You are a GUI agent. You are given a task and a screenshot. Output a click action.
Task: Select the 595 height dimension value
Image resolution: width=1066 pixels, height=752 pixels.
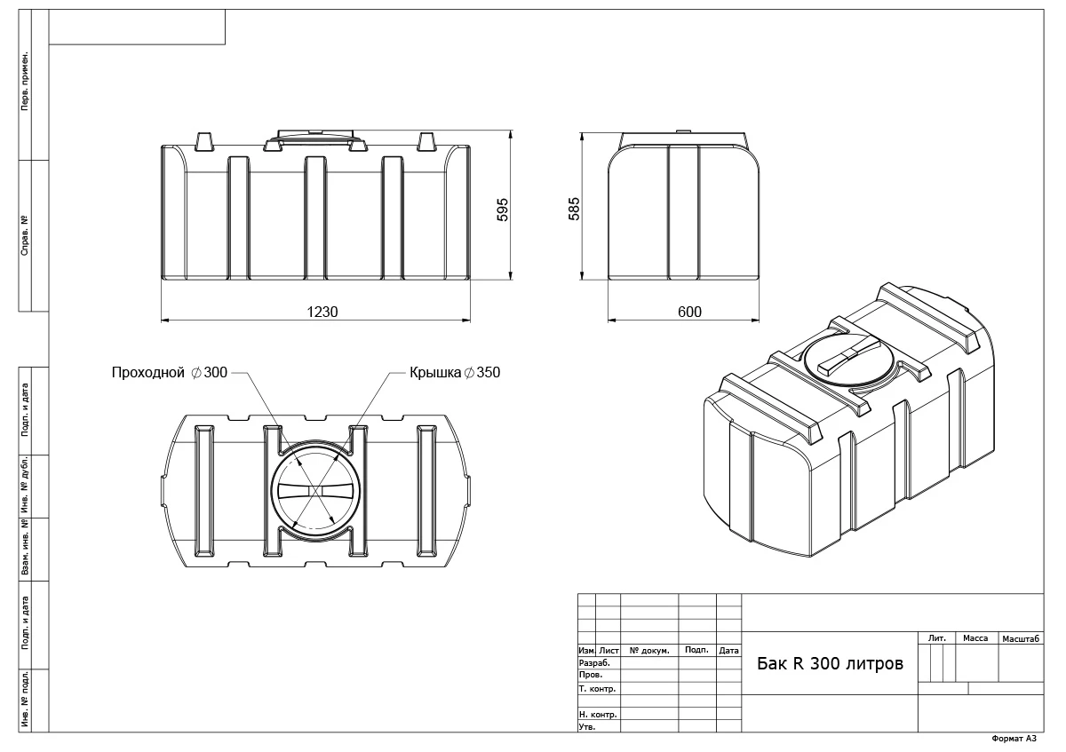[x=502, y=209]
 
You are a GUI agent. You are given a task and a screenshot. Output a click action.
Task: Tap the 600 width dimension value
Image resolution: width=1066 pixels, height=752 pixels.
[x=689, y=312]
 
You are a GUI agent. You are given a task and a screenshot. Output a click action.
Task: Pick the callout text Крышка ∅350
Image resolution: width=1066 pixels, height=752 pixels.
[x=455, y=373]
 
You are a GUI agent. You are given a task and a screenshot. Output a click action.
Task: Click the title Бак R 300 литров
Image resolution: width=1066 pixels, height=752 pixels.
[x=830, y=664]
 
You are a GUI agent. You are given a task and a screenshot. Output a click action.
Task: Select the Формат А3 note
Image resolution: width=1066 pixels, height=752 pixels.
[x=1014, y=739]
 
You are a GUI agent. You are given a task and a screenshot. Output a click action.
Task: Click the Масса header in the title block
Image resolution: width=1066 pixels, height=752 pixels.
[x=975, y=638]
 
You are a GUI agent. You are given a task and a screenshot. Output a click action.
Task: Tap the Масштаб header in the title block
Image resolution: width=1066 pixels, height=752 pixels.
[x=1021, y=638]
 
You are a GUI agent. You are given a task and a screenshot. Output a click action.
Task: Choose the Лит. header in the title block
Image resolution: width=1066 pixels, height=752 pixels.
[x=936, y=638]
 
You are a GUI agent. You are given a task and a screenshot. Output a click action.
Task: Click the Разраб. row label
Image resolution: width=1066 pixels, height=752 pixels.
[x=594, y=663]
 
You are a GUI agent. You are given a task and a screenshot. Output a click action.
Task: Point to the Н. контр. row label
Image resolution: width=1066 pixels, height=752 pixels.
[x=597, y=714]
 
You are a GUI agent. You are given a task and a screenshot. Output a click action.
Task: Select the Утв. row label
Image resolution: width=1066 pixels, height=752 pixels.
[x=587, y=726]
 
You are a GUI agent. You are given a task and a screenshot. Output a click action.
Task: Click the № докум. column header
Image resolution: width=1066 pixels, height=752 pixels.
[x=648, y=651]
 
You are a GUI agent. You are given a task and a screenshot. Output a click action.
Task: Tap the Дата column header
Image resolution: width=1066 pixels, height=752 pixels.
[x=728, y=651]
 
